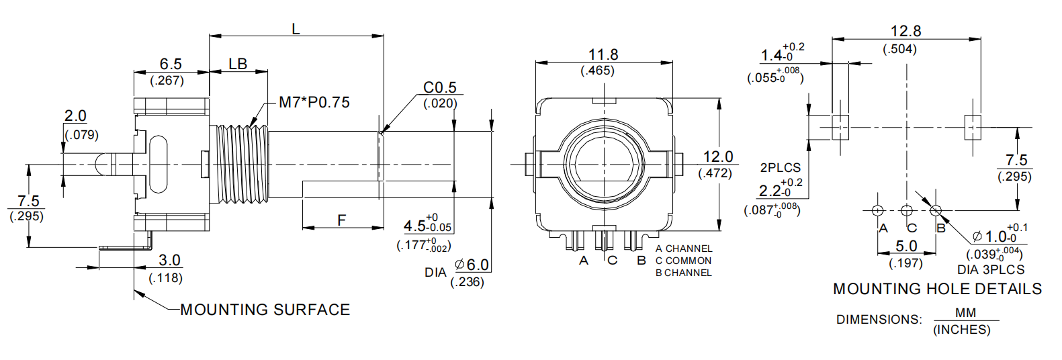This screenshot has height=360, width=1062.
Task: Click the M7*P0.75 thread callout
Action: (x=314, y=103)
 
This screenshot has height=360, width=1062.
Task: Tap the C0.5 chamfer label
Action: (x=439, y=88)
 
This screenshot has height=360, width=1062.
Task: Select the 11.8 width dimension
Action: (x=603, y=54)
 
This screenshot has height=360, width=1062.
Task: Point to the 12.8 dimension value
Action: (x=905, y=31)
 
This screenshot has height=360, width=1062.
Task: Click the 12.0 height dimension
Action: (x=717, y=156)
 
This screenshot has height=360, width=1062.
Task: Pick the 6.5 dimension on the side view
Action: (x=171, y=64)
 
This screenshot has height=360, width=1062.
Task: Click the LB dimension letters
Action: (x=238, y=64)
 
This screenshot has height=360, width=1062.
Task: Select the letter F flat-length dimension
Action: (x=341, y=220)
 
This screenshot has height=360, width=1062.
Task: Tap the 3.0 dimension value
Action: (x=169, y=260)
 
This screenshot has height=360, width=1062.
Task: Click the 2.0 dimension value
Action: (x=75, y=116)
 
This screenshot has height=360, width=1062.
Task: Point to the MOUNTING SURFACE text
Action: (x=265, y=310)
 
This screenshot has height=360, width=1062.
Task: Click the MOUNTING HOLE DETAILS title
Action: (x=937, y=289)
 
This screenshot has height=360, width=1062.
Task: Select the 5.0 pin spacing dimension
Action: (x=906, y=246)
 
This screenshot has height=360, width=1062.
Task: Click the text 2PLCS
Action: (x=781, y=167)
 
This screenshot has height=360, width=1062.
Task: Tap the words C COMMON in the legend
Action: (x=683, y=261)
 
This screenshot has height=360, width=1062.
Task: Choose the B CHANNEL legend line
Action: (x=683, y=273)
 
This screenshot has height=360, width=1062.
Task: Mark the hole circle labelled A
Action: (x=877, y=210)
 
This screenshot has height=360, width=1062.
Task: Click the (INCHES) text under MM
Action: (x=961, y=330)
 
